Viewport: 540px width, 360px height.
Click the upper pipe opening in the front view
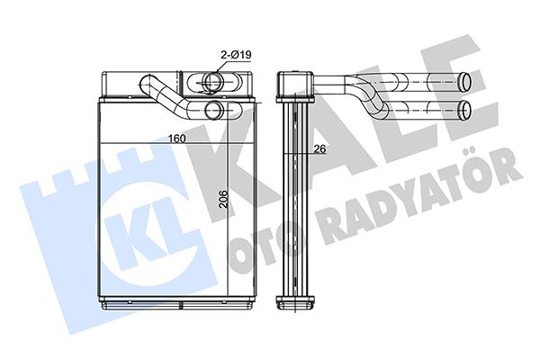tap(214, 83)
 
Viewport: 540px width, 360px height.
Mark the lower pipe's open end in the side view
tap(465, 110)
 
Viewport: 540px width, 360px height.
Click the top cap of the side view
tap(292, 84)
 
